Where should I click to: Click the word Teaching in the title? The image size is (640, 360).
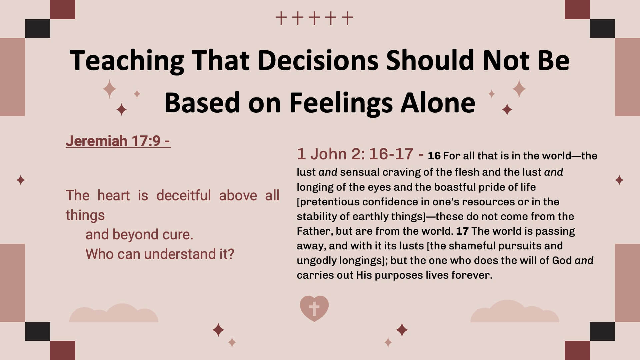tap(127, 61)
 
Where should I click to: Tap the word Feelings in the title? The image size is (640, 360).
tap(341, 103)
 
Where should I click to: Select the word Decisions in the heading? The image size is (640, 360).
tap(318, 60)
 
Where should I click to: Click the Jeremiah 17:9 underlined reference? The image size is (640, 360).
tap(118, 141)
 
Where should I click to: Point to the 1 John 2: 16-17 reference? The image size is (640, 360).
tap(360, 154)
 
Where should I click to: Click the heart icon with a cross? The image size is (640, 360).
tap(314, 308)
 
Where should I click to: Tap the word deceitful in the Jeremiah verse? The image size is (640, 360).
tap(183, 195)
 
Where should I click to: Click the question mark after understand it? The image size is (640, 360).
tap(231, 254)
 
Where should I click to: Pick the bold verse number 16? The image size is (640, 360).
tap(434, 156)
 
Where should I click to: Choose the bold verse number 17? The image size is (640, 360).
tap(462, 231)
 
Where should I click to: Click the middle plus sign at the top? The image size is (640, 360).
tap(314, 18)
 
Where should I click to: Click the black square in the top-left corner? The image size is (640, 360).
tap(38, 28)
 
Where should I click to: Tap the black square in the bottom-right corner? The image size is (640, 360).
tap(602, 332)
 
